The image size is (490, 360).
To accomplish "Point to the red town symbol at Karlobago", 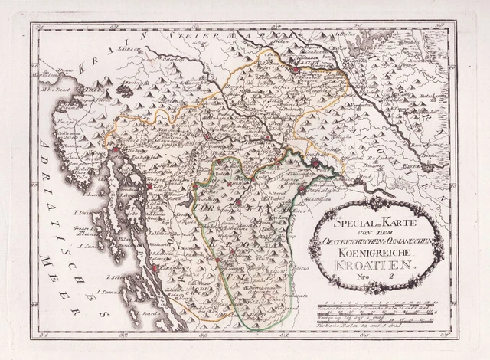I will [155, 268].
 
